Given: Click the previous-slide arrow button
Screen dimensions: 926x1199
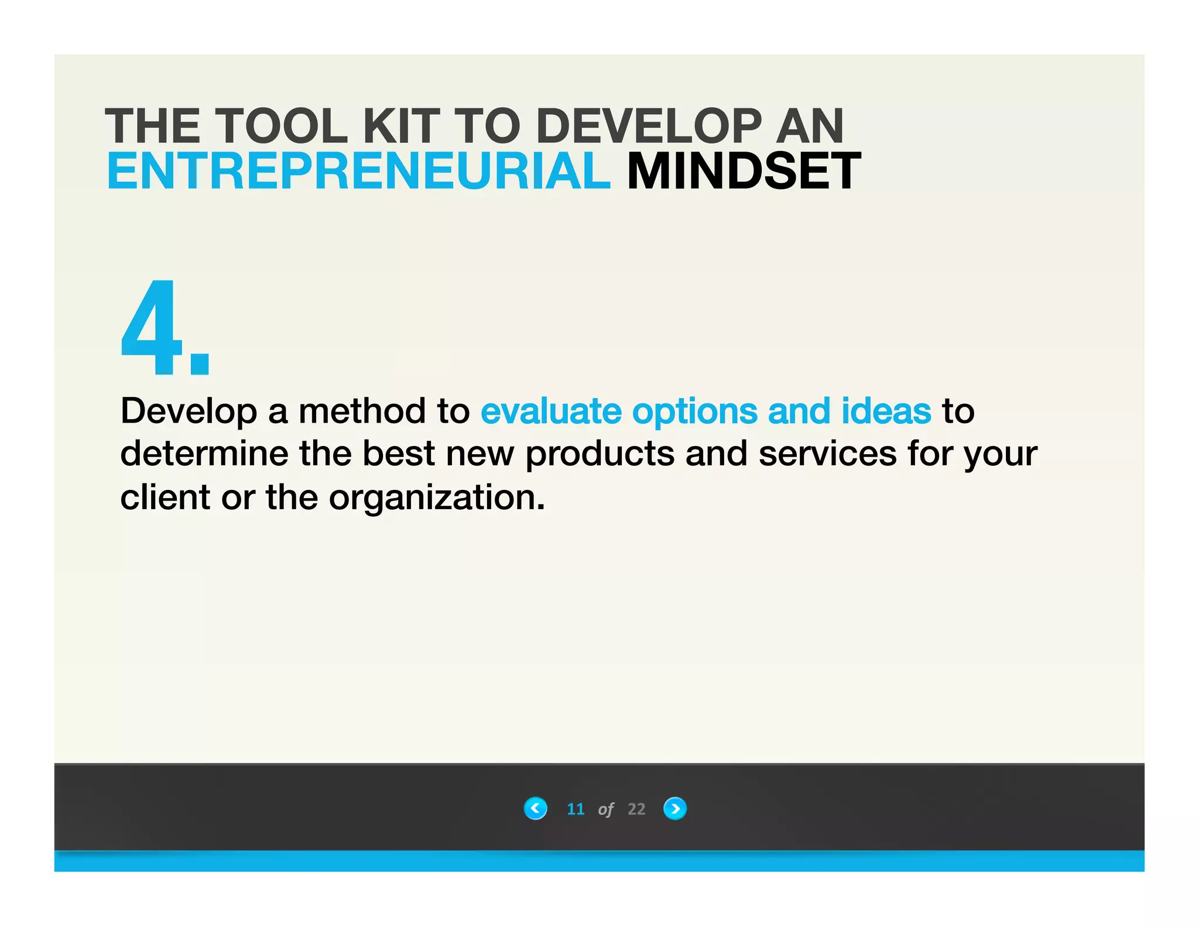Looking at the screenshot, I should pos(535,808).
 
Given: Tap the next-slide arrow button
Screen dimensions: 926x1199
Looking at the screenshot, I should pos(674,808).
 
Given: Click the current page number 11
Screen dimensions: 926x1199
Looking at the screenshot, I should pos(575,809).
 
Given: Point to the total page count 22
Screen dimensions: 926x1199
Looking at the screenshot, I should pos(636,809).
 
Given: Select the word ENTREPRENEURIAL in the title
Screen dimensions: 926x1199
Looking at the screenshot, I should pos(358,171).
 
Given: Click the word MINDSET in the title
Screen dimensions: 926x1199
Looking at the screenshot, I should pos(744,171).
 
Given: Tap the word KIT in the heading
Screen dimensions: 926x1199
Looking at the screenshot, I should pos(401,126).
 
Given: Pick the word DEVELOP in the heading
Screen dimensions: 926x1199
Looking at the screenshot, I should pos(649,126).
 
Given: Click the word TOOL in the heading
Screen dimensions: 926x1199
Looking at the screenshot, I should pos(282,126).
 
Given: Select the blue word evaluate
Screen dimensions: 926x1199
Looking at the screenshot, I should pos(551,411).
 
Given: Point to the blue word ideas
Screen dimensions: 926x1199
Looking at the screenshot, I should pos(886,411).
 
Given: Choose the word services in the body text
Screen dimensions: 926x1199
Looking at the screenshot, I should pos(828,454).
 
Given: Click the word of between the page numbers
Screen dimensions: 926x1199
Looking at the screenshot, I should pos(606,810).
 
